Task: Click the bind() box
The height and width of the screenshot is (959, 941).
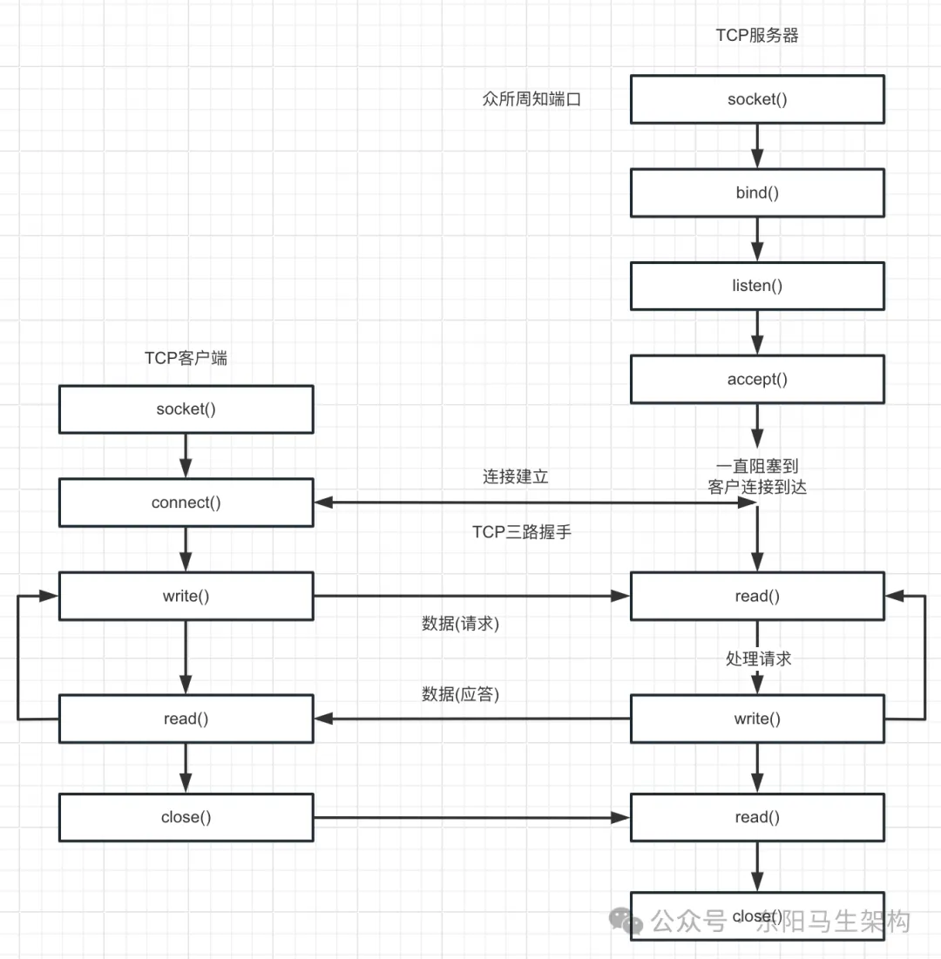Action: pos(757,192)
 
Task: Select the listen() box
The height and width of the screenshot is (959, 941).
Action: pos(757,286)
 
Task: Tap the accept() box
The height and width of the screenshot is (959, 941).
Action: pos(757,379)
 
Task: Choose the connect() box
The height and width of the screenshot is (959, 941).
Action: pos(186,503)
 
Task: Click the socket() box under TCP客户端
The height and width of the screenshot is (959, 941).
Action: pos(186,409)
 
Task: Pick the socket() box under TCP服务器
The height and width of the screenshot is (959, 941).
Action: pos(757,99)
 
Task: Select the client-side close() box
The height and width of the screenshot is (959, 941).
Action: pos(186,817)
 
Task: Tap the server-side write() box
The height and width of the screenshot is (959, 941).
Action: pos(757,719)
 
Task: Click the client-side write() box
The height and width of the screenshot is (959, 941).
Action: pos(186,596)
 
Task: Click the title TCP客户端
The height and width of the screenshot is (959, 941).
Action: pos(186,358)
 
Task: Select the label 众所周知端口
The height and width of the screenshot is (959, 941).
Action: pos(531,99)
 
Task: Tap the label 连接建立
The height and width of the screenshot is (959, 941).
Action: pos(516,477)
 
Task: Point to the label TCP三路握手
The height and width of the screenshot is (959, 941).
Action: pos(522,532)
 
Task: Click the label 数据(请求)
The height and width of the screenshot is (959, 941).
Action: pos(460,624)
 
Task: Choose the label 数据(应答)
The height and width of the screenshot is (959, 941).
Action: pos(460,694)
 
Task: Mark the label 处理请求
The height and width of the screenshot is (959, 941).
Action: pos(758,658)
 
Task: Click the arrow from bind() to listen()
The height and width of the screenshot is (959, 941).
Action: pos(757,240)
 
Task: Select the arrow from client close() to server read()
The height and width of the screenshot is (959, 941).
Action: pos(470,817)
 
